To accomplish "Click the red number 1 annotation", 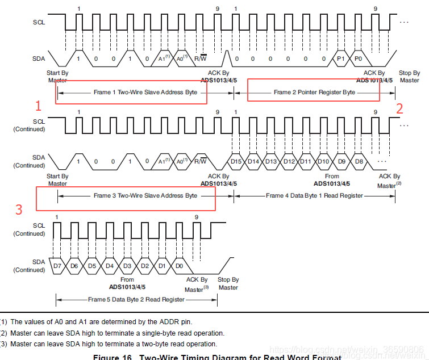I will [x=39, y=106].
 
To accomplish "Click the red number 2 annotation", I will [x=399, y=108].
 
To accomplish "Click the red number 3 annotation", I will [x=19, y=210].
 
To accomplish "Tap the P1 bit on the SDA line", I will [x=341, y=58].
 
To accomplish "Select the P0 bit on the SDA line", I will [x=359, y=58].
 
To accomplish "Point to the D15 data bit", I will [x=236, y=162].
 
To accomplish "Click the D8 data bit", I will [x=359, y=162].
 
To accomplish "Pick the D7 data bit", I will [x=57, y=266].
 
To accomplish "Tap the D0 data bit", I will [x=180, y=266].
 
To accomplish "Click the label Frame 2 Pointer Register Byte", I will [x=314, y=92].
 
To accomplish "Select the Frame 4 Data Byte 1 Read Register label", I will [x=314, y=196].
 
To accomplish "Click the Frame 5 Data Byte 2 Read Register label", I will [x=136, y=299].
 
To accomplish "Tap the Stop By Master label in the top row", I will [x=409, y=77].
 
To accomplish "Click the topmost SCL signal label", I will [x=39, y=23].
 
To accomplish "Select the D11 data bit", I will [x=306, y=162].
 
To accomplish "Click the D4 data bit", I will [x=110, y=266].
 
